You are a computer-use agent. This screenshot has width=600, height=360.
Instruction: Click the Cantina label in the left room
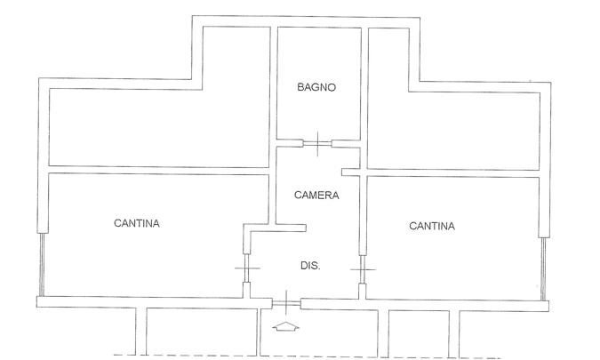(135, 223)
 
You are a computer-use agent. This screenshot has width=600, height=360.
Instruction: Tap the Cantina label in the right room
(432, 226)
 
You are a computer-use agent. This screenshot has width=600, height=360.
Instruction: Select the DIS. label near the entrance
(308, 265)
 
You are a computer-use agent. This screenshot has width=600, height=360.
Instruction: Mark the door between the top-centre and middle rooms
(316, 142)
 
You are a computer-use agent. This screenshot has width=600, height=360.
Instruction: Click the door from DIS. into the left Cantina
(246, 268)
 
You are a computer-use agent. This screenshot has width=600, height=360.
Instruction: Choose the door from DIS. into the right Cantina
(363, 268)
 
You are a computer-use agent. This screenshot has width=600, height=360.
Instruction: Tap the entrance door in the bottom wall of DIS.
(285, 304)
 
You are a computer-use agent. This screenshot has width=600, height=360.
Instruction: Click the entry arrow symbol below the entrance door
(285, 328)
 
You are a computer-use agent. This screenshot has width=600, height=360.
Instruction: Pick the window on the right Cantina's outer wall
(541, 267)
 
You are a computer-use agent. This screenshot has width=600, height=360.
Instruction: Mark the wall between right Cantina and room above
(453, 171)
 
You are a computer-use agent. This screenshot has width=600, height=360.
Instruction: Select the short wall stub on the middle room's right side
(350, 171)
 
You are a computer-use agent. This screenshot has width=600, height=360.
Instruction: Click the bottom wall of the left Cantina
(142, 301)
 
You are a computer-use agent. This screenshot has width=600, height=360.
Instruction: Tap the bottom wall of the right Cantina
(453, 302)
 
